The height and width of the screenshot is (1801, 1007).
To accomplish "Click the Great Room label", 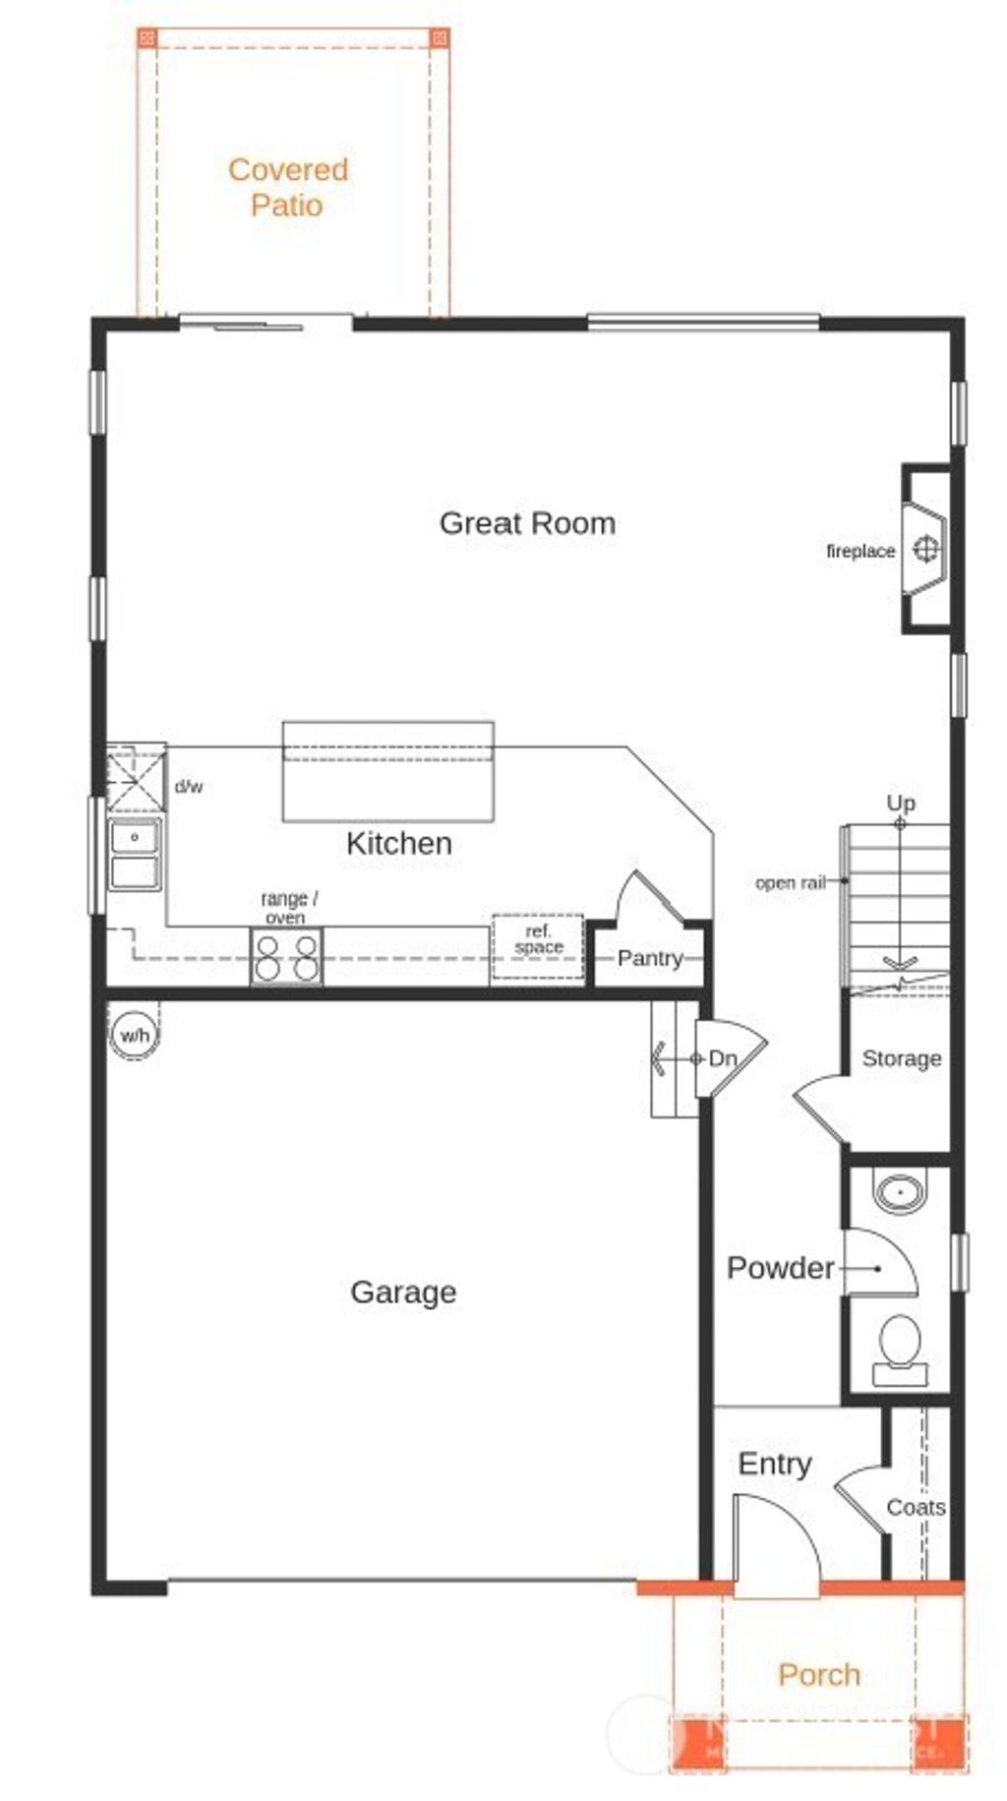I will point(527,522).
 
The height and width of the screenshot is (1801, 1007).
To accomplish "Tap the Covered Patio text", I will point(287,187).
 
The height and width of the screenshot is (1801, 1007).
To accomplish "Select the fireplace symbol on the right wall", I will point(925,549).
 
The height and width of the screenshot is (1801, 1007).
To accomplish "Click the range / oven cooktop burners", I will point(286,958).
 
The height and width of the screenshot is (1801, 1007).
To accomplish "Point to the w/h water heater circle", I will point(134,1035).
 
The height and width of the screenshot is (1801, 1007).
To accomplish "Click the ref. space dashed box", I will point(538,945).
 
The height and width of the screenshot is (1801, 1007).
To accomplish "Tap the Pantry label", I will point(650,958).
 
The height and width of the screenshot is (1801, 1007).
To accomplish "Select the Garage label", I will point(403,1291).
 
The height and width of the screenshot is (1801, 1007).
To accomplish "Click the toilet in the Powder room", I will point(899,1347).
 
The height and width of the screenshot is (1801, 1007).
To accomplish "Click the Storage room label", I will point(902,1058).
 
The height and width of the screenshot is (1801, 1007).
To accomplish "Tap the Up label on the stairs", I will point(901,803).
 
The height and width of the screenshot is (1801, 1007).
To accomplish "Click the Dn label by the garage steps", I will point(723,1058).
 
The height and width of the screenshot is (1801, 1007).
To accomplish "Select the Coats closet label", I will point(916,1507).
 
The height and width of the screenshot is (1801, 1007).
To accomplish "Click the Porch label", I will point(819,1674).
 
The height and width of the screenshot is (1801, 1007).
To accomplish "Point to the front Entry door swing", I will point(777,1544).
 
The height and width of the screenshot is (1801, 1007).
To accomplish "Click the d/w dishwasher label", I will point(189,786).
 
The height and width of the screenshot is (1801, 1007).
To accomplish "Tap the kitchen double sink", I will point(135,854).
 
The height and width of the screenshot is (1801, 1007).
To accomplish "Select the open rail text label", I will point(790,882).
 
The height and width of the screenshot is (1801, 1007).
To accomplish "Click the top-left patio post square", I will point(147,38).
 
